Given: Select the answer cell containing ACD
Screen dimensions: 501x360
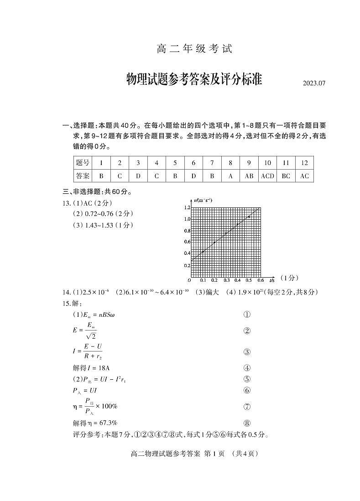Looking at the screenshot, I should pyautogui.click(x=267, y=176).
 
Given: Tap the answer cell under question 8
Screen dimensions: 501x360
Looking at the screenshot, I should pyautogui.click(x=230, y=176).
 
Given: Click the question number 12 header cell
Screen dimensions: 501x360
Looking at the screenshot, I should pyautogui.click(x=304, y=163).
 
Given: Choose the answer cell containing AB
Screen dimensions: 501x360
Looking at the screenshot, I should pyautogui.click(x=249, y=176).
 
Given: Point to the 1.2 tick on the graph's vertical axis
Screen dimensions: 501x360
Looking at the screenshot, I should pyautogui.click(x=187, y=207).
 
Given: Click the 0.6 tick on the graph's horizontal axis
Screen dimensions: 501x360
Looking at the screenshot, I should pyautogui.click(x=260, y=280).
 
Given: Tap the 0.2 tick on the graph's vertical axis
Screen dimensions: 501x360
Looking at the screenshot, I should pyautogui.click(x=187, y=265).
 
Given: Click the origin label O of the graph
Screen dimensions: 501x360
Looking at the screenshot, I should pyautogui.click(x=189, y=280).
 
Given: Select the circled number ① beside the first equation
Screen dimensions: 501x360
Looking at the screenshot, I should pyautogui.click(x=247, y=315).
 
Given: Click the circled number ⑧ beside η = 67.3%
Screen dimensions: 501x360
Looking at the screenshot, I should pyautogui.click(x=247, y=423).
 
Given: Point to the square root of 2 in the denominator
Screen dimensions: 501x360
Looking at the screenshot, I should pyautogui.click(x=91, y=336).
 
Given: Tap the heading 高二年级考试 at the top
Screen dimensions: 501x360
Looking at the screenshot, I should pyautogui.click(x=194, y=49).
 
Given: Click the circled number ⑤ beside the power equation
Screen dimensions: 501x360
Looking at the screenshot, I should pyautogui.click(x=247, y=379).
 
